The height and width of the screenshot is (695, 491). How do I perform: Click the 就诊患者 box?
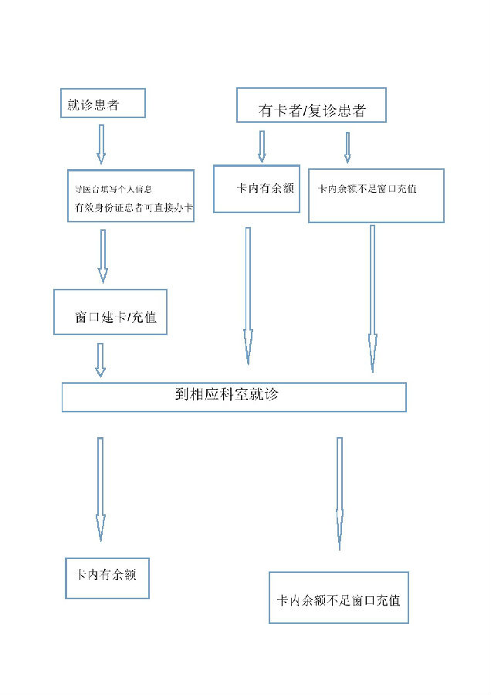(x=102, y=103)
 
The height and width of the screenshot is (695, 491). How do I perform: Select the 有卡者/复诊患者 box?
(x=310, y=105)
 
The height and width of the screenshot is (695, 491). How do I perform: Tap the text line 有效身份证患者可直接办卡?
(x=133, y=207)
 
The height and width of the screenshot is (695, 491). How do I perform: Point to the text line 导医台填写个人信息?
(x=112, y=189)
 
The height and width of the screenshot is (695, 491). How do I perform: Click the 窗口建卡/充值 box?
(x=110, y=312)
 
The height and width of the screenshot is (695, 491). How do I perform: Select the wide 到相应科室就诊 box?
(x=233, y=396)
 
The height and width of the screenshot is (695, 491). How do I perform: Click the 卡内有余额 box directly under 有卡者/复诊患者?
(x=256, y=188)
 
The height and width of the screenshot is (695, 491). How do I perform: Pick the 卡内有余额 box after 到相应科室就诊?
(x=107, y=578)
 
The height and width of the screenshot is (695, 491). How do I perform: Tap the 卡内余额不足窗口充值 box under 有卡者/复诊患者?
(x=376, y=195)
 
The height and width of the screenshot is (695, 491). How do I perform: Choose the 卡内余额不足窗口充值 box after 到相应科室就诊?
(x=338, y=597)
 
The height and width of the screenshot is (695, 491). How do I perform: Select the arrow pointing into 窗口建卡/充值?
(x=103, y=256)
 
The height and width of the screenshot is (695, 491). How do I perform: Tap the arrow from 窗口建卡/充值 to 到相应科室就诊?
(x=100, y=360)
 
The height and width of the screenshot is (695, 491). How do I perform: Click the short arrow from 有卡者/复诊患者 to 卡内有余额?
(x=262, y=146)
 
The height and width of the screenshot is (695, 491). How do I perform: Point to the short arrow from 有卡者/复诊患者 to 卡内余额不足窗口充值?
(x=347, y=147)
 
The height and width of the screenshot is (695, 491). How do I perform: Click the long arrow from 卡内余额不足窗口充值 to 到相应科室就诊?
(x=373, y=298)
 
